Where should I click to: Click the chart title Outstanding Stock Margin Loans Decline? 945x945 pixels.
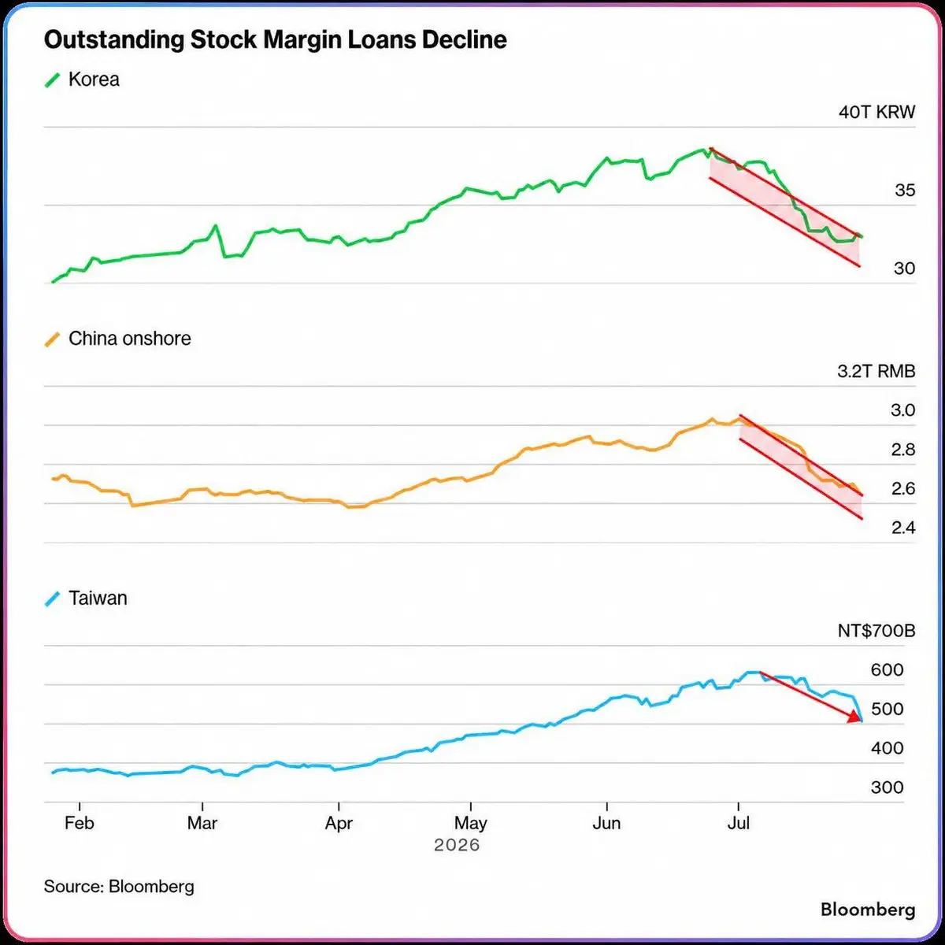[275, 40]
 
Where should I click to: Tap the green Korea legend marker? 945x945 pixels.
[53, 80]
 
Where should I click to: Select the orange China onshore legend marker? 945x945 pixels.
[53, 339]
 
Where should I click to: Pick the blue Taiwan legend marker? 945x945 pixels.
[53, 598]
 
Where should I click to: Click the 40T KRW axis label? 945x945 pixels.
[876, 113]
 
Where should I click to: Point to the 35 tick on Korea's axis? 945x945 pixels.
[905, 191]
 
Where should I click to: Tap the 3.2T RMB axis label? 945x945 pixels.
[876, 371]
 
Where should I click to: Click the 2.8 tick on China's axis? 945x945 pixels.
[902, 450]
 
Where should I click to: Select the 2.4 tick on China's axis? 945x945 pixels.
[902, 528]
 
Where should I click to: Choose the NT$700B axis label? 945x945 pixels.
[876, 631]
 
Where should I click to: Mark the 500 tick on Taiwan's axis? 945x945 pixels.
[888, 709]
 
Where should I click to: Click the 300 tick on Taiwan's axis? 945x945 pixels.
[888, 787]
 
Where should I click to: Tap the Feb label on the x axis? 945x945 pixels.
[79, 823]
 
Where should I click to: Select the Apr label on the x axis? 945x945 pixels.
[339, 824]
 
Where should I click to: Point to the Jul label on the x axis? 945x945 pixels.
[738, 823]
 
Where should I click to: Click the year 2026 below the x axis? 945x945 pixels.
[457, 845]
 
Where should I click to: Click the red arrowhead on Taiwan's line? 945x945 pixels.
[855, 717]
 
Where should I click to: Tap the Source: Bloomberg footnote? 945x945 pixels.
[119, 887]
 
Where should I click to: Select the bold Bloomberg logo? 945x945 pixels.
[868, 910]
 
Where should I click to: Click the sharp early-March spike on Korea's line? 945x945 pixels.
[215, 226]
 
